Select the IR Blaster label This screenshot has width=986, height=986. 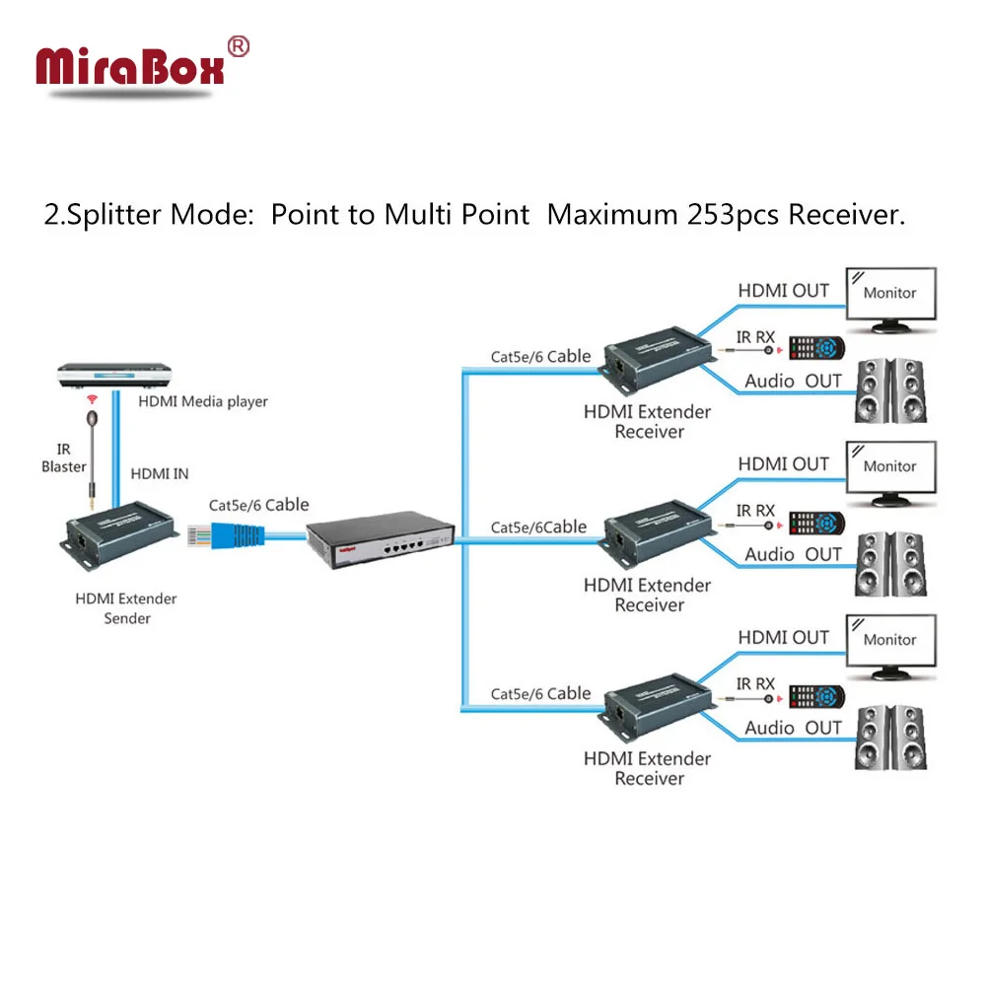64,458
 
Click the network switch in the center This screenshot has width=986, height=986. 380,537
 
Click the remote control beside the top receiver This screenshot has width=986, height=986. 816,348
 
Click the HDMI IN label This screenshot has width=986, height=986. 160,474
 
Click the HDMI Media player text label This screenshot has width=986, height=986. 202,401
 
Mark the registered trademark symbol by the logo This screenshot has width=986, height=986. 239,46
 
